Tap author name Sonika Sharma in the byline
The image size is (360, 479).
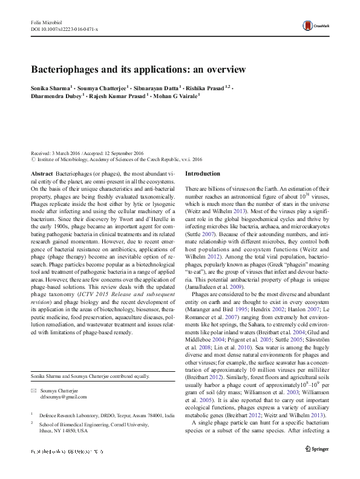pyautogui.click(x=51, y=88)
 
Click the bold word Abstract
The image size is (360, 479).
pyautogui.click(x=41, y=174)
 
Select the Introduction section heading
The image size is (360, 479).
pyautogui.click(x=203, y=174)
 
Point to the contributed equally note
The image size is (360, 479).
pyautogui.click(x=85, y=360)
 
